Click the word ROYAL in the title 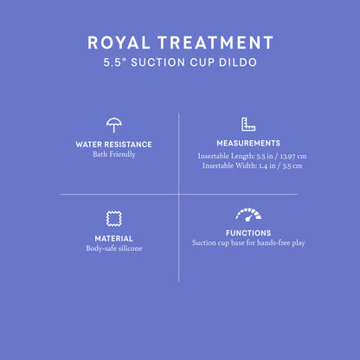click(x=118, y=42)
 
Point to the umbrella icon click(x=113, y=124)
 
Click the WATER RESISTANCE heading click(x=113, y=144)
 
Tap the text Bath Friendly click(x=113, y=155)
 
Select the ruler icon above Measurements click(x=248, y=124)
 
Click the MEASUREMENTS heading click(x=248, y=143)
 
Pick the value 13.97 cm click(x=291, y=156)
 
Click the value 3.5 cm click(x=292, y=166)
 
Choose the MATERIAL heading click(x=113, y=238)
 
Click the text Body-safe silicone click(x=113, y=249)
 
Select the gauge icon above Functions click(x=248, y=214)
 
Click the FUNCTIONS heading click(x=248, y=233)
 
